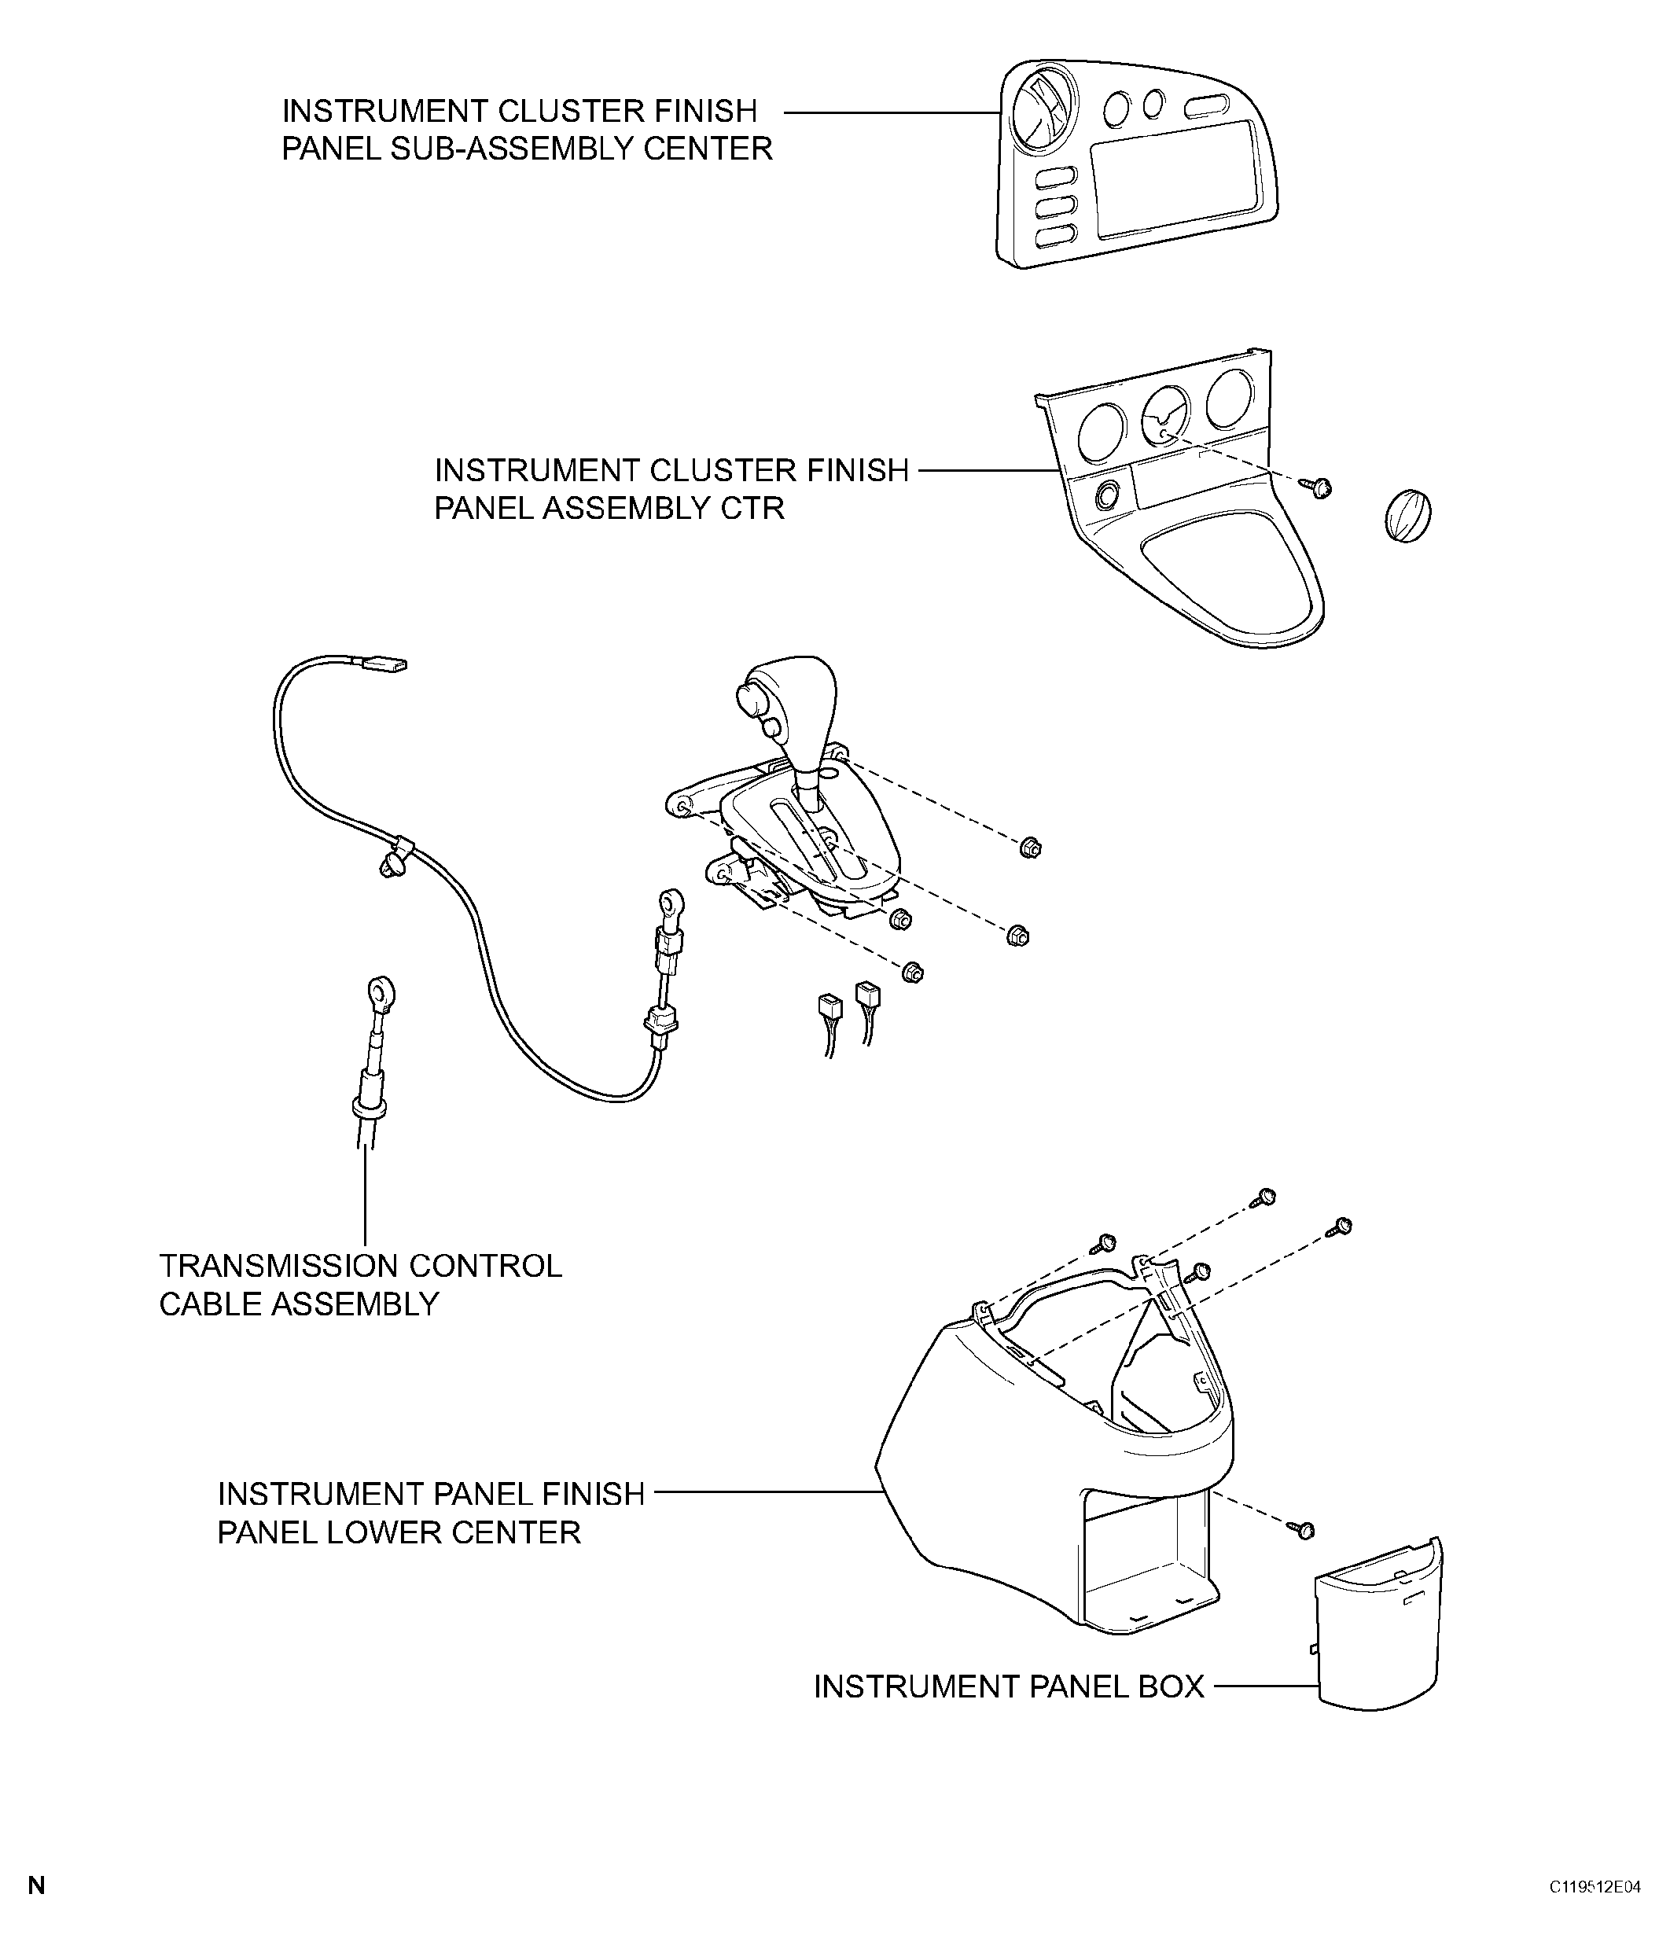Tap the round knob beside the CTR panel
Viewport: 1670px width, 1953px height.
point(1407,517)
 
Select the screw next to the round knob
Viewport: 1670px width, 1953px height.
point(1319,487)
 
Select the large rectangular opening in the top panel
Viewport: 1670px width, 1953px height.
point(1173,179)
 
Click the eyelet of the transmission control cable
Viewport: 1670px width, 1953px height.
point(381,991)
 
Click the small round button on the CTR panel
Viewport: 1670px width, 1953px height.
point(1105,494)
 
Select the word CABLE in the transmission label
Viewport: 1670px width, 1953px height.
point(210,1304)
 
